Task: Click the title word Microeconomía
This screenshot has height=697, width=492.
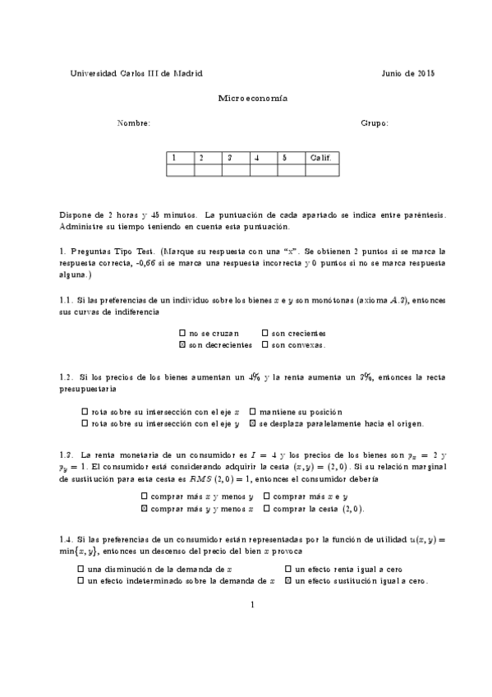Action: coord(252,98)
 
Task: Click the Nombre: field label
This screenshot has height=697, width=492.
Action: coord(133,123)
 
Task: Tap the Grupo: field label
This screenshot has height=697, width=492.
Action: coord(375,123)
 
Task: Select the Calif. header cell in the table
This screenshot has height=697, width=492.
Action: coord(321,157)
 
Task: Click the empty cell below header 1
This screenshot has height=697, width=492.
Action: coord(180,170)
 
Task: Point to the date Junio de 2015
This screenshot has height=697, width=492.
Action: coord(408,73)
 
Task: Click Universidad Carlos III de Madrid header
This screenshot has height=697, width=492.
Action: coord(137,73)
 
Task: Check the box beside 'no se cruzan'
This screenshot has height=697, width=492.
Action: coord(182,334)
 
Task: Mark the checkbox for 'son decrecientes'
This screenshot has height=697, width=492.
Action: coord(182,345)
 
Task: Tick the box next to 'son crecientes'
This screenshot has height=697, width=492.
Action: coord(264,334)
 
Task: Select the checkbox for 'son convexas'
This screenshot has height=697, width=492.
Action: coord(264,345)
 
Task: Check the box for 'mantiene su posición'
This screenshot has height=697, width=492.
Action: coord(251,412)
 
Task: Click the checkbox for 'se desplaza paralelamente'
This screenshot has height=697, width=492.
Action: coord(251,423)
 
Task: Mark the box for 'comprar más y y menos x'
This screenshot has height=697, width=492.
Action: coord(145,509)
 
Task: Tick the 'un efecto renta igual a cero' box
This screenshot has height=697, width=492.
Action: coord(287,569)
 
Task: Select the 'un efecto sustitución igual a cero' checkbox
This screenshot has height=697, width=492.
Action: coord(287,580)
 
